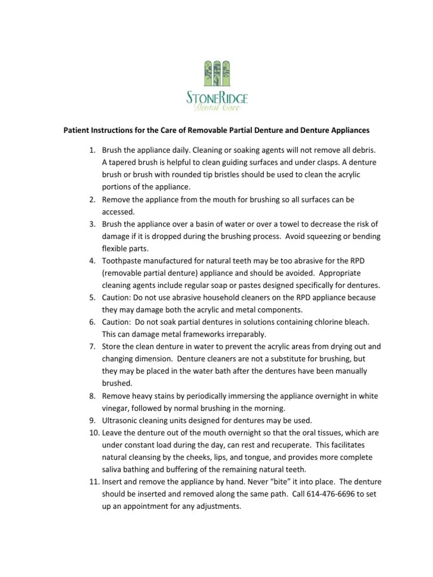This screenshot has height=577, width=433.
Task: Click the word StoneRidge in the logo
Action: pyautogui.click(x=216, y=98)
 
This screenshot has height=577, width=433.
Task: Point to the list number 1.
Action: pyautogui.click(x=92, y=150)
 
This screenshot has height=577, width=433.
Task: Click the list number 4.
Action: pyautogui.click(x=92, y=261)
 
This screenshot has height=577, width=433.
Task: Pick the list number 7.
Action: pyautogui.click(x=92, y=347)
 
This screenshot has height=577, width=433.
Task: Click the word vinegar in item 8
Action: pyautogui.click(x=116, y=408)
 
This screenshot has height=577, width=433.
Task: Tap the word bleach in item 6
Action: pyautogui.click(x=355, y=322)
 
